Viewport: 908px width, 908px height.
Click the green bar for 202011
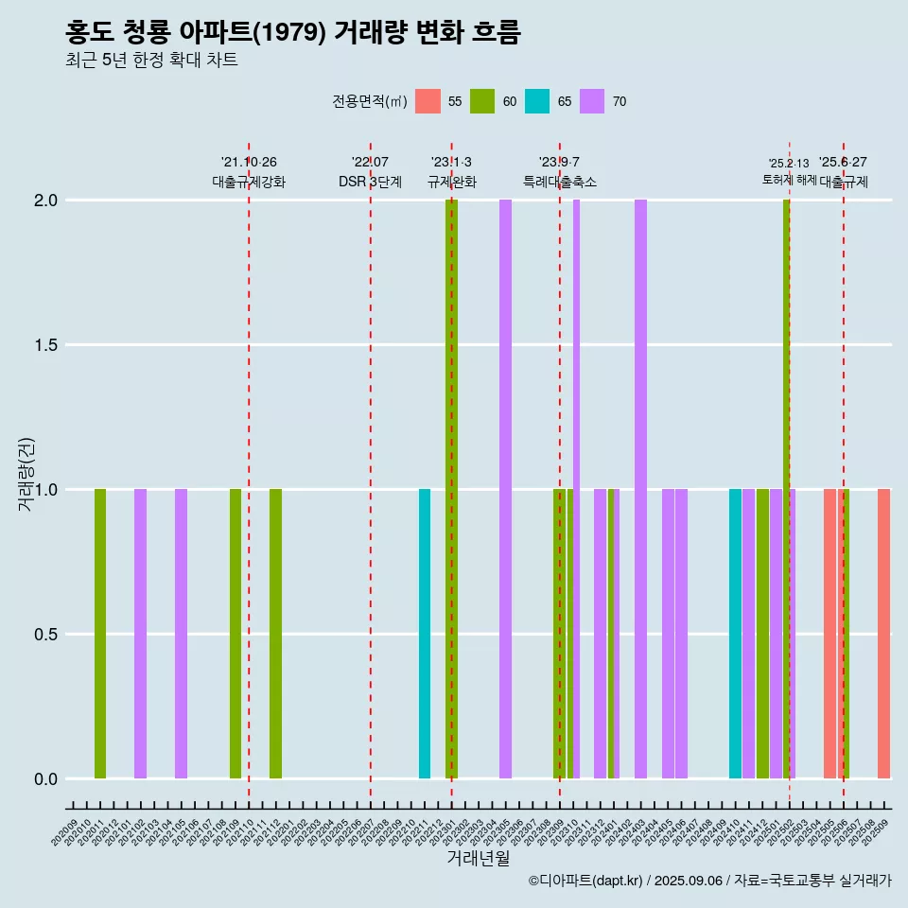(100, 634)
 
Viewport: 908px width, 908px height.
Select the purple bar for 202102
(140, 634)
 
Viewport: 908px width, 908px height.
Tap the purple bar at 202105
(181, 634)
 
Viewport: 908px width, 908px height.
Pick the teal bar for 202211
(425, 634)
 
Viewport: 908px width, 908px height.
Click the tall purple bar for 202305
(506, 489)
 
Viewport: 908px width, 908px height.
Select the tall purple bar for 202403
(641, 489)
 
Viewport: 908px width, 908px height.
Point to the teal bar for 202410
(735, 634)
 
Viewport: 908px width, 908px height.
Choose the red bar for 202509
(883, 634)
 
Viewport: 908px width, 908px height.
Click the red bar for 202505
(829, 634)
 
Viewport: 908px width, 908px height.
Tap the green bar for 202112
(275, 634)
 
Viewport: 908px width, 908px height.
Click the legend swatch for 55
(428, 101)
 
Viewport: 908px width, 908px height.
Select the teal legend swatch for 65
(537, 101)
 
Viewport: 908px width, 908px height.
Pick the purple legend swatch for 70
(592, 101)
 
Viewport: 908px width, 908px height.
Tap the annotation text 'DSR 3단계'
(370, 182)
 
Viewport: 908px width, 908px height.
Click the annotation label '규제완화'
(451, 182)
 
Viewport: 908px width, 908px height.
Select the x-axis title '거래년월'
(478, 859)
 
